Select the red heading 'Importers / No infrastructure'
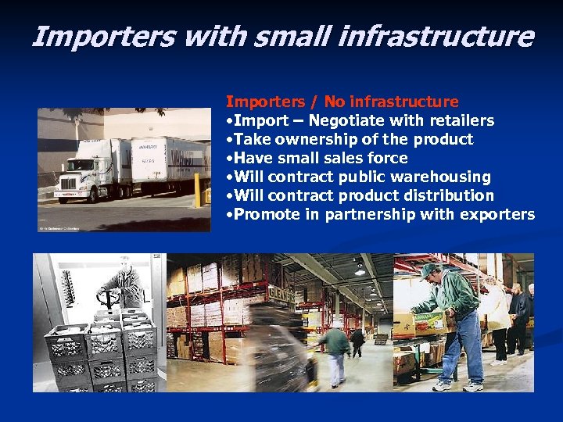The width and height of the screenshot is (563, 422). (342, 102)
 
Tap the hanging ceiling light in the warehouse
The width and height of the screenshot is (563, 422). (359, 270)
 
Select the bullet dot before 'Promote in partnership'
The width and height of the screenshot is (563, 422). (228, 215)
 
